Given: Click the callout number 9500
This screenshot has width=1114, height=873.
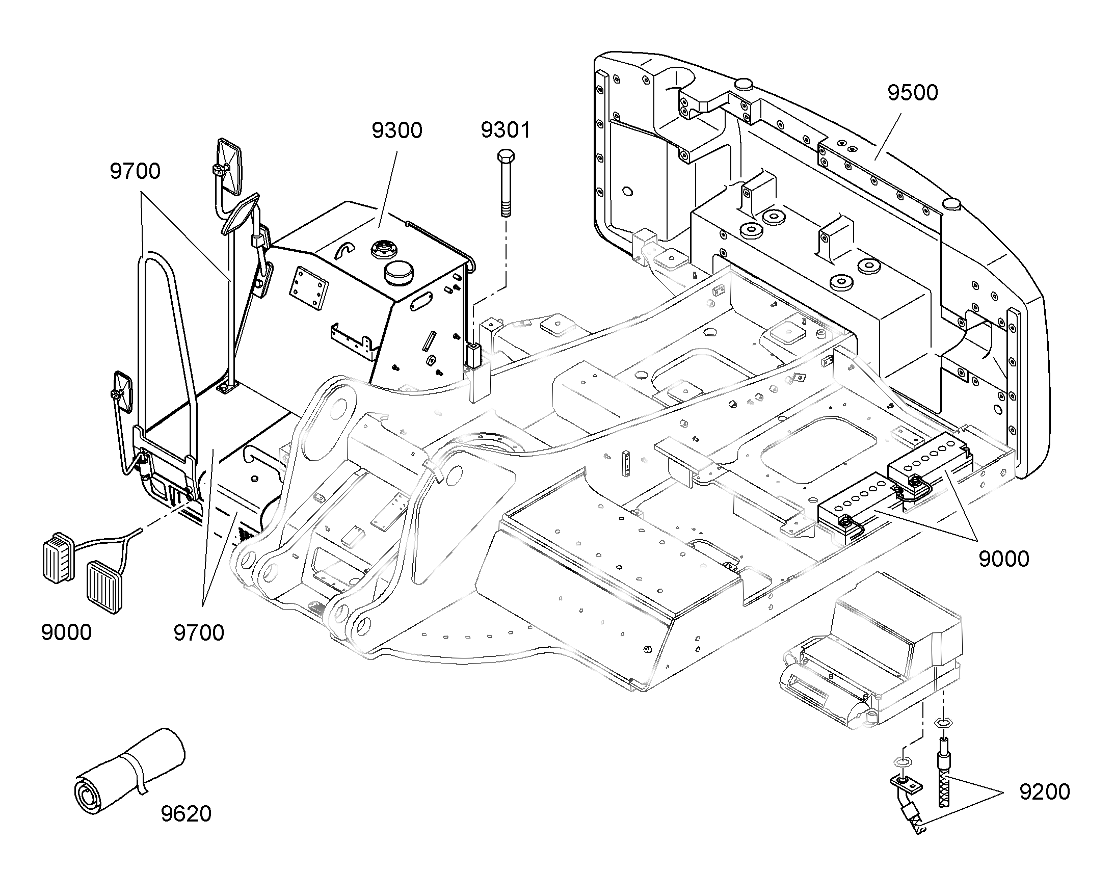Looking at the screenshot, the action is coord(913,93).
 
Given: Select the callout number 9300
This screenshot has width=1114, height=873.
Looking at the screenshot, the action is coord(397,131).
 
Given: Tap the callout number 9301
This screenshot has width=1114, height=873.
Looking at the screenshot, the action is coord(506,130).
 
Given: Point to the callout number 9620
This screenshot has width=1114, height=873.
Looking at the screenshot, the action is coord(186,814).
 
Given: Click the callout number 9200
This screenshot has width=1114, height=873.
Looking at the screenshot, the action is coord(1045,792).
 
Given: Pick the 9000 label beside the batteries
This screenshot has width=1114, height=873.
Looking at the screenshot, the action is coord(1003,559).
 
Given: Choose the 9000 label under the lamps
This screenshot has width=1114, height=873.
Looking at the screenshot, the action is coord(66,633).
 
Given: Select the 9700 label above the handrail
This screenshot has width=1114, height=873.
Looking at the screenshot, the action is coord(135,171).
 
